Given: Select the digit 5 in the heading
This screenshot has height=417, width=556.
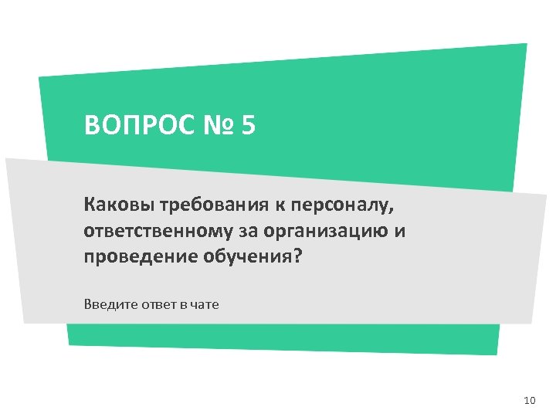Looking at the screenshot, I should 247,124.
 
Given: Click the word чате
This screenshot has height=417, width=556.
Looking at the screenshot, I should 205,304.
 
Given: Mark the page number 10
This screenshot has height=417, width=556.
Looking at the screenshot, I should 529,400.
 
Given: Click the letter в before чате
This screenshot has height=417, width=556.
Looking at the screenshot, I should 184,304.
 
